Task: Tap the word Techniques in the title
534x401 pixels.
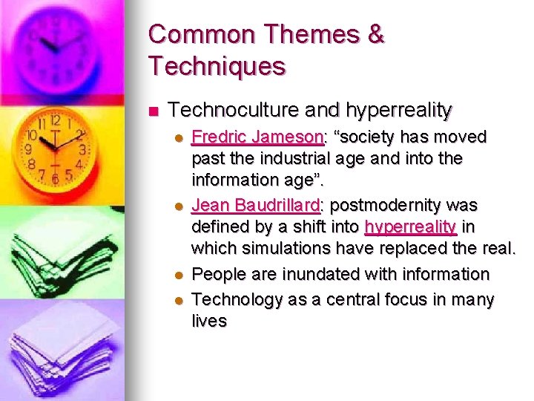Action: [217, 66]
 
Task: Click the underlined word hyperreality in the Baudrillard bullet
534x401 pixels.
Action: [409, 226]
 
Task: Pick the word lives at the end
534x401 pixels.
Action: [208, 321]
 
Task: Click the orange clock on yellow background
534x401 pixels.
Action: [56, 149]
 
